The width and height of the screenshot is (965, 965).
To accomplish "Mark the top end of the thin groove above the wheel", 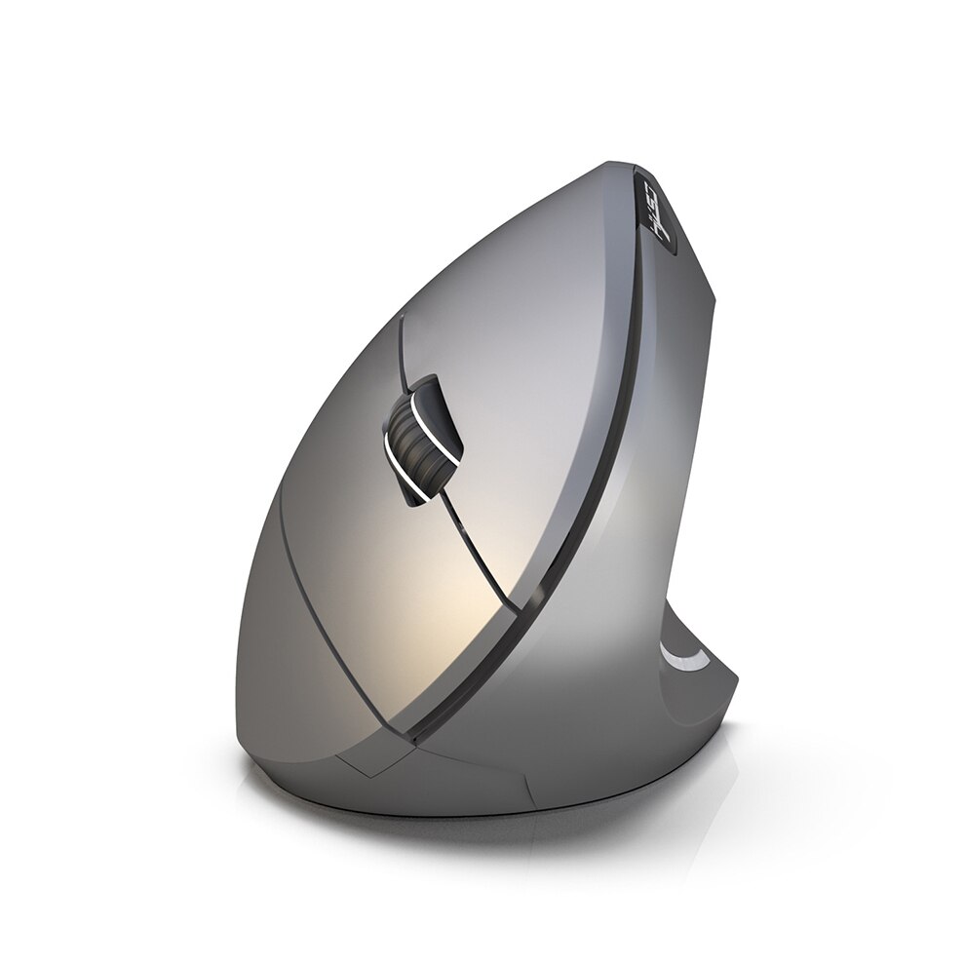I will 402,323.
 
